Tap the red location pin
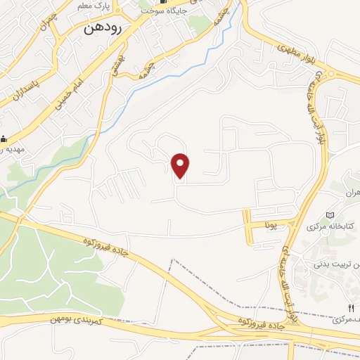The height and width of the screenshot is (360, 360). click(x=181, y=165)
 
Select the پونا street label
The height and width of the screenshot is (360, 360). click(x=271, y=225)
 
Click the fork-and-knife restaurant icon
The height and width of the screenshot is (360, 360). click(x=352, y=307)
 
